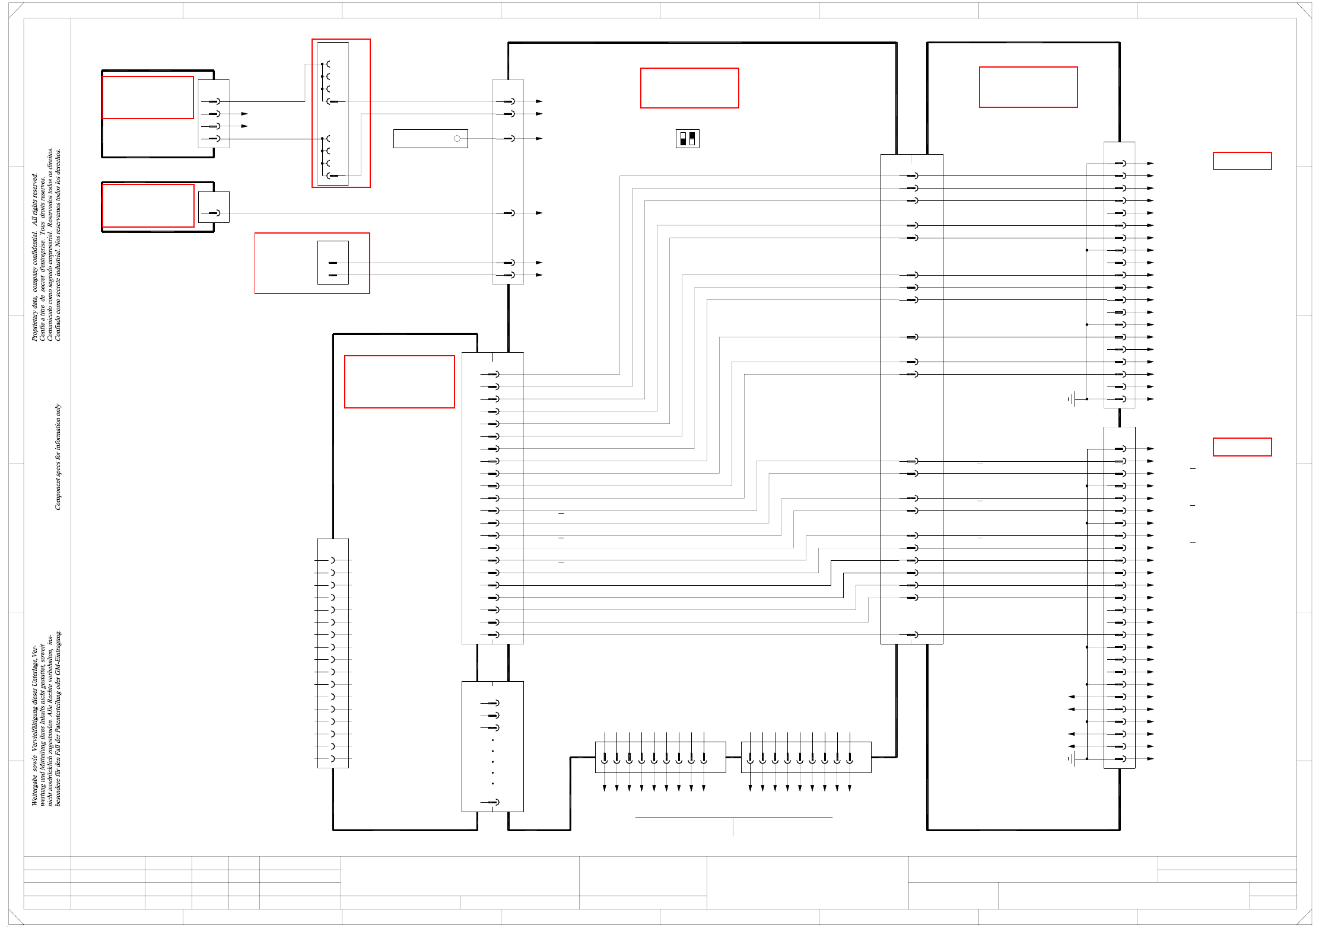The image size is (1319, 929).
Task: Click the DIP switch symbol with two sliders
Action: (687, 139)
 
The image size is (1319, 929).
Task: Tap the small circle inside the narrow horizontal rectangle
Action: (457, 139)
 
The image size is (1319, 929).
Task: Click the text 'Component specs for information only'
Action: (58, 456)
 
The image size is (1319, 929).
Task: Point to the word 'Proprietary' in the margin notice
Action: (34, 323)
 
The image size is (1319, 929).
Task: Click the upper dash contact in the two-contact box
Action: (332, 263)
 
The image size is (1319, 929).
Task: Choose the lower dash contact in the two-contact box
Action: (332, 275)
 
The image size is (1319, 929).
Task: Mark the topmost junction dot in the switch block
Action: (322, 64)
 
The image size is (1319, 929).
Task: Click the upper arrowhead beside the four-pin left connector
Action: (244, 114)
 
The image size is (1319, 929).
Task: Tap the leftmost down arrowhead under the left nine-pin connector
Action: (605, 788)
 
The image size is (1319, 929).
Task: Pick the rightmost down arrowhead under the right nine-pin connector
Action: (850, 788)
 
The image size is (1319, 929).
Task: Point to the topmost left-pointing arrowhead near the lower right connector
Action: (1072, 697)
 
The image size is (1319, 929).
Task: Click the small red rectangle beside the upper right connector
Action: (1242, 161)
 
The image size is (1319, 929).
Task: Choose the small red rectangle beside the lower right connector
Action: (1242, 447)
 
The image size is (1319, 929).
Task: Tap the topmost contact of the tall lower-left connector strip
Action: (332, 560)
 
